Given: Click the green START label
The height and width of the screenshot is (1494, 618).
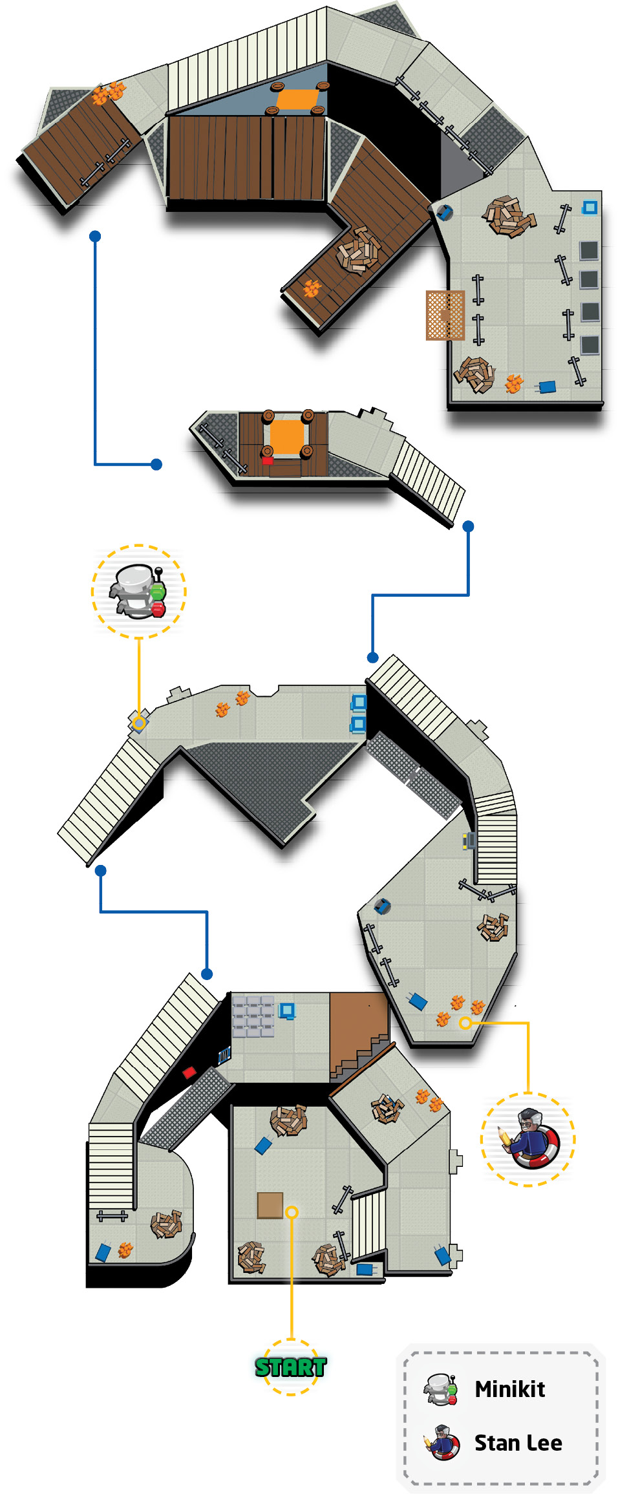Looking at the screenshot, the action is coord(290,1367).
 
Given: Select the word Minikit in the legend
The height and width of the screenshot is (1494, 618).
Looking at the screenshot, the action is coord(509,1389).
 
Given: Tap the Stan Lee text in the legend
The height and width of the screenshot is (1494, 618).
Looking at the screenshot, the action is coord(518,1442).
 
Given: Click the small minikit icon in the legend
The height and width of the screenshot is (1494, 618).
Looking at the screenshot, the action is coord(442,1389).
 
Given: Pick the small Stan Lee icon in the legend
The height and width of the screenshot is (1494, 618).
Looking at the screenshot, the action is coord(442,1442).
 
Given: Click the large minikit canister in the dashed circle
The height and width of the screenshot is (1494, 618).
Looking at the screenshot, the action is coord(138,592).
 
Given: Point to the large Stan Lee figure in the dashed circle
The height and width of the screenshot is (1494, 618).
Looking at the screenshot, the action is coord(528,1138).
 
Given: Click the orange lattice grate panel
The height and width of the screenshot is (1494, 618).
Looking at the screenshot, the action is coord(445,315).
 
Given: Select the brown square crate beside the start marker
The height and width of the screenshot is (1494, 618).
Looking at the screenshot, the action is coord(270,1204).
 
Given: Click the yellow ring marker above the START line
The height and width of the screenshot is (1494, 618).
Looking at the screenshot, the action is coord(292,1211).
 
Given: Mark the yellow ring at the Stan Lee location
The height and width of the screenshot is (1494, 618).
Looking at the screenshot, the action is coord(465,1023).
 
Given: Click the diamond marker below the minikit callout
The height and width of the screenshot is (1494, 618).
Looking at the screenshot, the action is coord(138,722).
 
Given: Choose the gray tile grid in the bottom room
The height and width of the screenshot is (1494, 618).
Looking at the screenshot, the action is coord(253,1016).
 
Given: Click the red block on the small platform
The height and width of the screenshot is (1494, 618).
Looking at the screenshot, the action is coord(267,460).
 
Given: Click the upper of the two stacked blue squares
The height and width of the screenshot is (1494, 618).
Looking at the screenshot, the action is coord(359,702).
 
